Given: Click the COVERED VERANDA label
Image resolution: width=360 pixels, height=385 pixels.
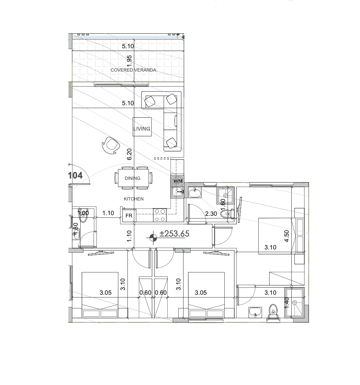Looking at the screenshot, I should tap(133, 70).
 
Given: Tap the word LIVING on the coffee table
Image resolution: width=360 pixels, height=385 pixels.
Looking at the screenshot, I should tap(142, 129).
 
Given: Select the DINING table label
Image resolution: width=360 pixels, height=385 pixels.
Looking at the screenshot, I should tap(132, 178).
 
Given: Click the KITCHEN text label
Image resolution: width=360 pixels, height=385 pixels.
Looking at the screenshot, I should tap(133, 199).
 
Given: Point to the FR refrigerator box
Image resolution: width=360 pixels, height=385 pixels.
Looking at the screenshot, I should tap(129, 216).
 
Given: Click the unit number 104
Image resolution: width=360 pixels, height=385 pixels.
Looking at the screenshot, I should tap(75, 175).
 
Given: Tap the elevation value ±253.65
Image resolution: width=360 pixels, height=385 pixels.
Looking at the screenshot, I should tap(174, 234).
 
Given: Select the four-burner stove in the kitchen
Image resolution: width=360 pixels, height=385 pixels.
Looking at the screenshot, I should tap(159, 215).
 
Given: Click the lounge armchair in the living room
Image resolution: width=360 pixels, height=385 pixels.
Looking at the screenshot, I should tap(111, 145).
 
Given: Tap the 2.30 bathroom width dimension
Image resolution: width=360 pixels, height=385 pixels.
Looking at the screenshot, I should tap(211, 214).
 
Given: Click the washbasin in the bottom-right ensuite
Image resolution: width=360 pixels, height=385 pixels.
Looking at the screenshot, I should tap(255, 313).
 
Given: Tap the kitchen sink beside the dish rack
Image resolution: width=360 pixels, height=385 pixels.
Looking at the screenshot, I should tap(177, 192).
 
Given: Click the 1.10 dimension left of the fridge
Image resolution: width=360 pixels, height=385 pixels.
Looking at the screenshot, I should tap(108, 213).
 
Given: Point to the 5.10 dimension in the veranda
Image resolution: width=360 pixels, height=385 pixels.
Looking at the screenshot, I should tap(128, 46).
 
